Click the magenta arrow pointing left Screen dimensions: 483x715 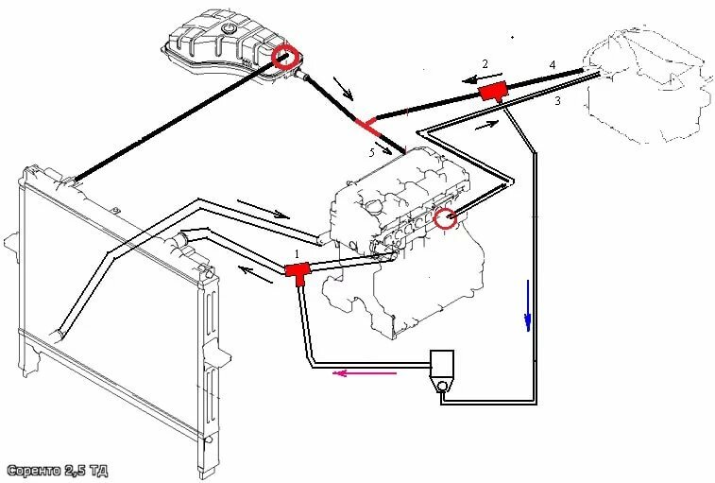(x=363, y=372)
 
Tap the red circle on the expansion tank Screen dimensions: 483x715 (x=284, y=60)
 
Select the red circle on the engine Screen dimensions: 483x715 (x=446, y=219)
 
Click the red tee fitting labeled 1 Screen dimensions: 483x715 (x=298, y=272)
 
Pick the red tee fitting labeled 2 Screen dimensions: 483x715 (x=491, y=93)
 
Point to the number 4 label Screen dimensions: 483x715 (x=553, y=64)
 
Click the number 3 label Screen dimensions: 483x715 (x=557, y=99)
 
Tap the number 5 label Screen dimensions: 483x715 (x=371, y=151)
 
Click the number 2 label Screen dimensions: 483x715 (x=485, y=64)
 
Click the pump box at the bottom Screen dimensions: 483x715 (x=441, y=365)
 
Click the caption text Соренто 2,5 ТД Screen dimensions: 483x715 (x=57, y=470)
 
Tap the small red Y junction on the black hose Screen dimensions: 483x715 (x=366, y=122)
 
